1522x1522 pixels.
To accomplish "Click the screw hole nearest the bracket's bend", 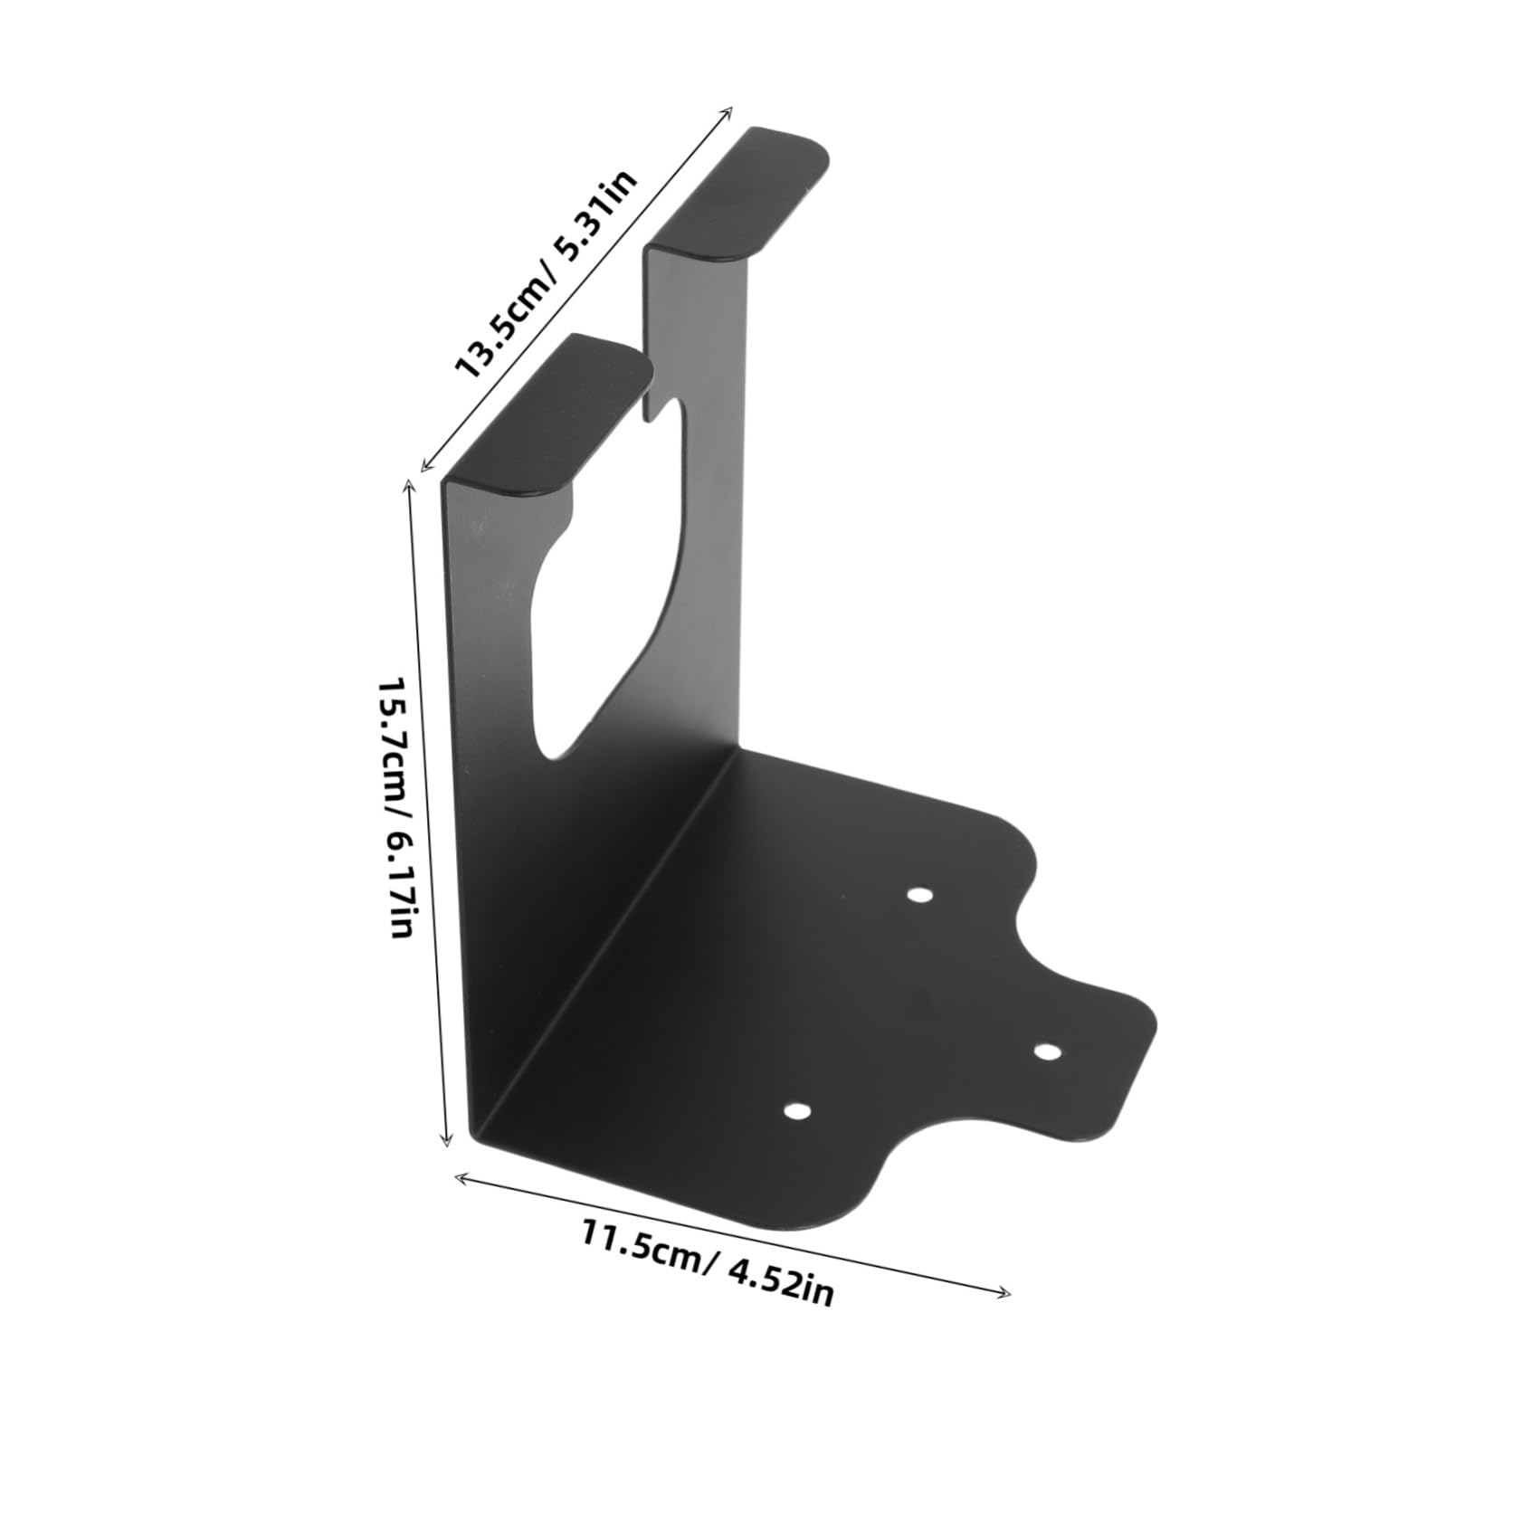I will pos(919,895).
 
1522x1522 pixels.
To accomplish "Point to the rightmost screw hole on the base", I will pos(1046,1051).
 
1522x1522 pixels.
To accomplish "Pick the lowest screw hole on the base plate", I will pos(795,1111).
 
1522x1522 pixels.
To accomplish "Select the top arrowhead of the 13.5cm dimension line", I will pos(728,109).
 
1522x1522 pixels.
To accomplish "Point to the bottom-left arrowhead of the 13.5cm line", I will pos(425,467).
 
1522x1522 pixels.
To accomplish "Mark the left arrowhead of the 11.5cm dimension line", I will pos(458,1175).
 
